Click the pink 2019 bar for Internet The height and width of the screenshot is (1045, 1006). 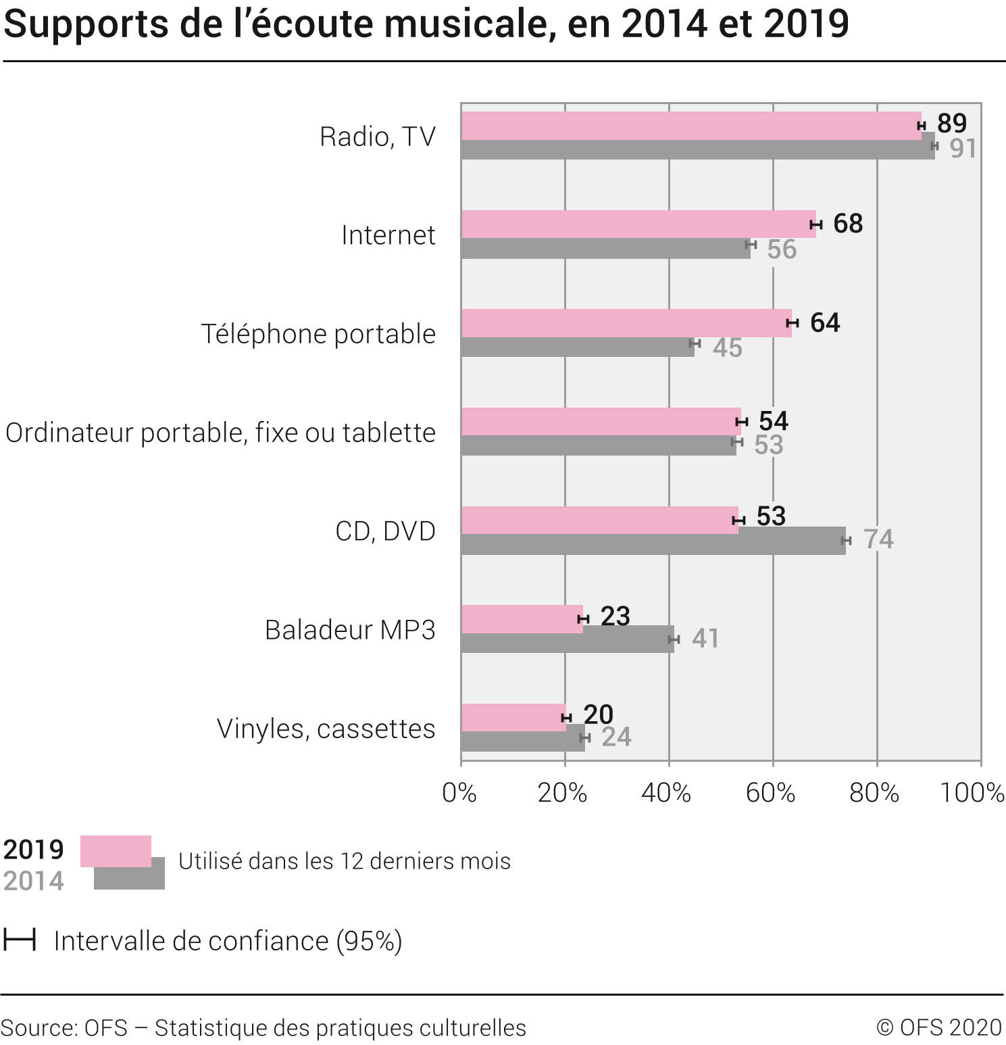[638, 224]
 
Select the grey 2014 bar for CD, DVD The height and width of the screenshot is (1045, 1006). [653, 545]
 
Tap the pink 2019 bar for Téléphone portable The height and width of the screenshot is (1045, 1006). [626, 322]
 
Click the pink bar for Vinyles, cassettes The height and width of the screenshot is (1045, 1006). [513, 716]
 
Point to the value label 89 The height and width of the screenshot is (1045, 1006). [952, 124]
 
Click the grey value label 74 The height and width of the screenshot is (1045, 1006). [878, 539]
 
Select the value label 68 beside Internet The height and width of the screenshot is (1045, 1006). [848, 224]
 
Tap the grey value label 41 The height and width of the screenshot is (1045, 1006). [705, 639]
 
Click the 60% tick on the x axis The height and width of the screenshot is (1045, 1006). [770, 793]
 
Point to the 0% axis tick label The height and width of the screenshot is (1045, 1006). [459, 793]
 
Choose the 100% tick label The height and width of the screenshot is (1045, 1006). [972, 793]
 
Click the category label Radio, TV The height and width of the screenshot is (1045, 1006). [378, 137]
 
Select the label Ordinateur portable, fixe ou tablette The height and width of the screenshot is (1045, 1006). [220, 433]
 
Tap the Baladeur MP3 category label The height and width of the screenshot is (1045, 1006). [350, 630]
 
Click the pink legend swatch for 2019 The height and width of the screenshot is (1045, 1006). [116, 850]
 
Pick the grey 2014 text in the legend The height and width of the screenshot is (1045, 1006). [34, 881]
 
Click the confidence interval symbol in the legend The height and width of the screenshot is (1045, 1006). [20, 940]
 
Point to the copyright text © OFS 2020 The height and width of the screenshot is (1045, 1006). [939, 1027]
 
